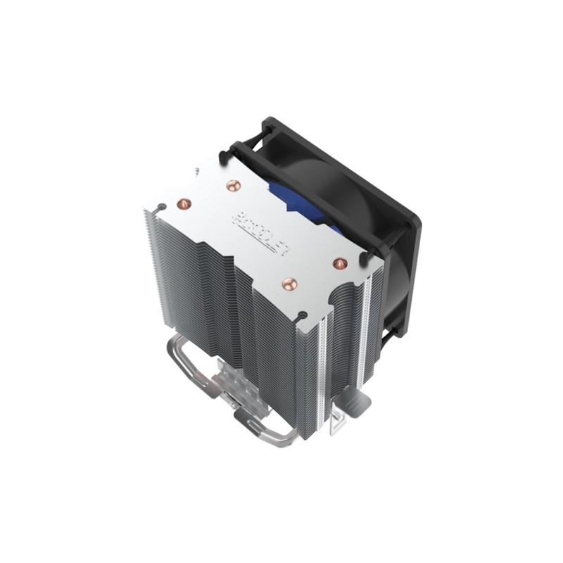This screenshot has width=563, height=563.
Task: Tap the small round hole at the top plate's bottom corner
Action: (x=302, y=313)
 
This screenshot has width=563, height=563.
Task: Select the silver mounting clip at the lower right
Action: (x=351, y=411)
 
